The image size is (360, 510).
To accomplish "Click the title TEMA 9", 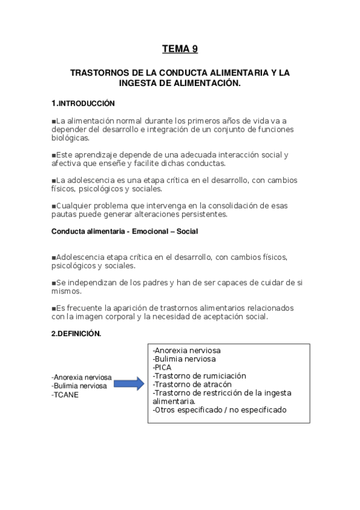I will tap(180, 50).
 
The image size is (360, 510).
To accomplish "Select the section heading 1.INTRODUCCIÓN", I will tap(83, 103).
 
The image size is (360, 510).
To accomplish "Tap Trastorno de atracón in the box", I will tap(192, 384).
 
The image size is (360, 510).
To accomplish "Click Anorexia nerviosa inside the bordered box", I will tap(187, 349).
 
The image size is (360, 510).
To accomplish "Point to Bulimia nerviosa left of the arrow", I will tap(80, 386).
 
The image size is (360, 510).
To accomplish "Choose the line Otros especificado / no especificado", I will tap(219, 410).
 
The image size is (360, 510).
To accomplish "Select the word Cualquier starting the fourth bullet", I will tap(75, 206).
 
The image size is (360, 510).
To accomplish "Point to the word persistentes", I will tap(204, 214).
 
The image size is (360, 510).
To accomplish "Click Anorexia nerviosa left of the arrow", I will tap(82, 378).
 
